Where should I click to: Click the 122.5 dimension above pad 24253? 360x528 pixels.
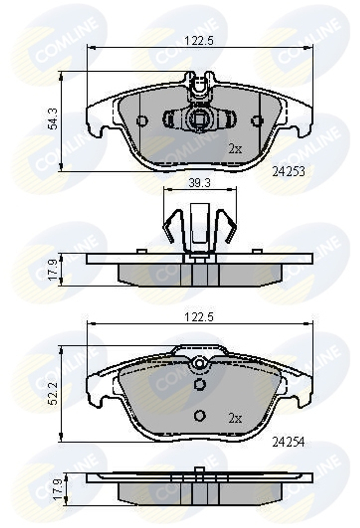[199, 41]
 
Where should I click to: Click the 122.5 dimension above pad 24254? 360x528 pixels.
[199, 317]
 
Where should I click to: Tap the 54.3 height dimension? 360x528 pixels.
[53, 119]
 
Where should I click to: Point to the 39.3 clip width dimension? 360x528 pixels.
[200, 183]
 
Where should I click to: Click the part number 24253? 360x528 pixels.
[288, 172]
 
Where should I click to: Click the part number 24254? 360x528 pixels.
[288, 442]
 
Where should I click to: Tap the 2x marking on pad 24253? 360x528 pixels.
[235, 149]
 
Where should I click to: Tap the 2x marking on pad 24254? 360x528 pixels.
[235, 419]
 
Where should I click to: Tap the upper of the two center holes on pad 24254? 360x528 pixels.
[199, 385]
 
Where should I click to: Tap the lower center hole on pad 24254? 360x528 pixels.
[199, 416]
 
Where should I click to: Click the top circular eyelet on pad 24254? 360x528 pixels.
[199, 364]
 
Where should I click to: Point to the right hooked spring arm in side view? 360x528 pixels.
[228, 225]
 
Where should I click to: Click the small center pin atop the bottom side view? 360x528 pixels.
[198, 471]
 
